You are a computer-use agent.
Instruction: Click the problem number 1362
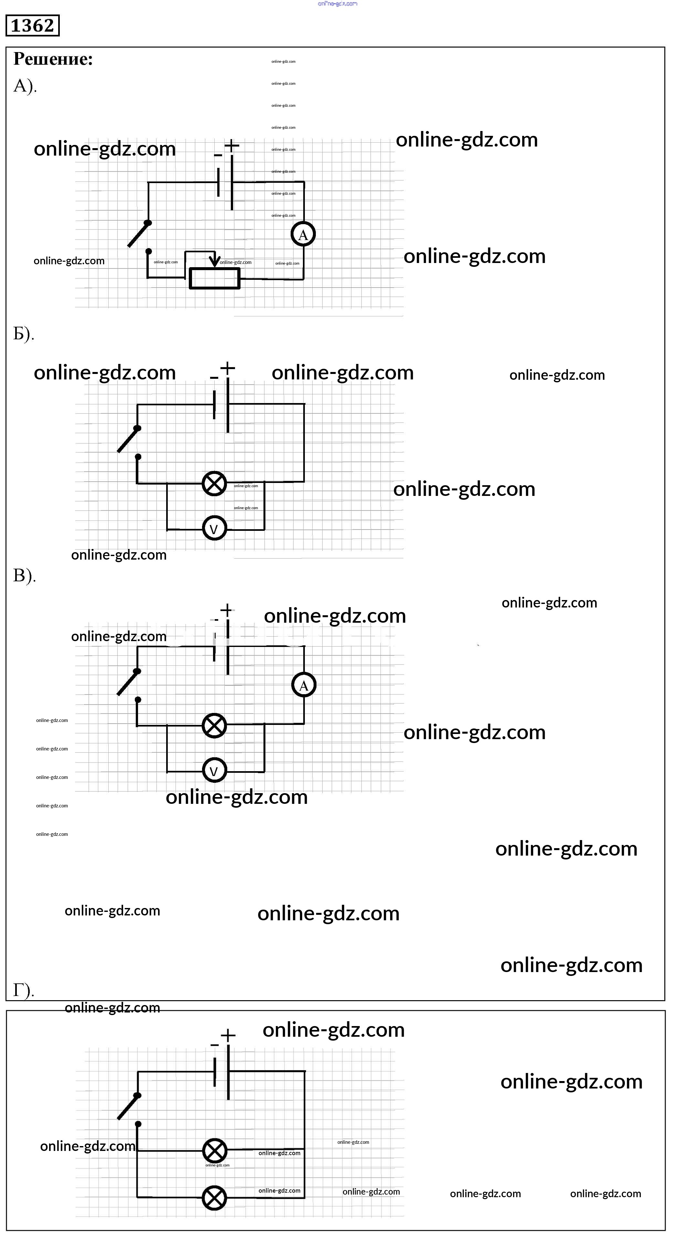(x=32, y=26)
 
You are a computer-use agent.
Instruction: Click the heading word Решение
(x=53, y=59)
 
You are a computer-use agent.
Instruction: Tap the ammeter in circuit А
(x=303, y=235)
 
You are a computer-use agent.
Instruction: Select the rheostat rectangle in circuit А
(x=214, y=278)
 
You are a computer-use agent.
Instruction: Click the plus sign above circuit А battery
(x=231, y=145)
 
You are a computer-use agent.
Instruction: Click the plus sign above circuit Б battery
(x=228, y=368)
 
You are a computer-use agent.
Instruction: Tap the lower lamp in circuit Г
(x=214, y=1198)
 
